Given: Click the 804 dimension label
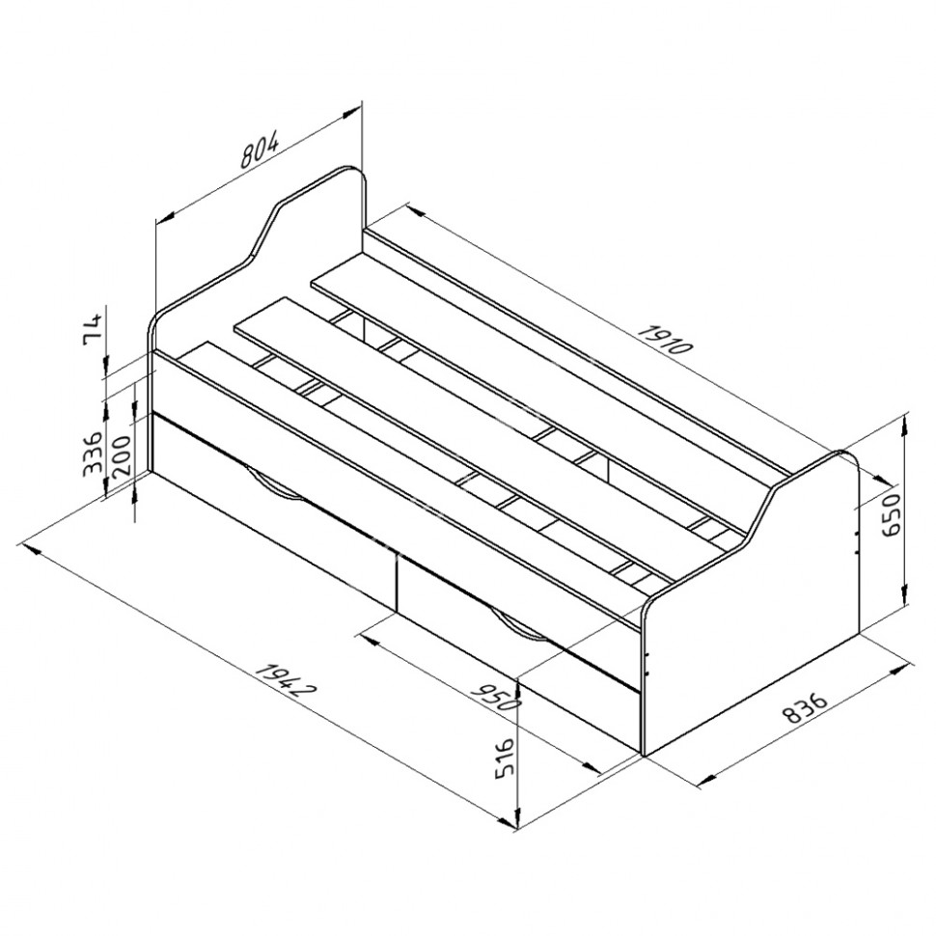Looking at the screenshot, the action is pyautogui.click(x=259, y=151).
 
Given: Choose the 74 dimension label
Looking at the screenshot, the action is pyautogui.click(x=94, y=328).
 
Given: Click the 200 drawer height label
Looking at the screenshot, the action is pyautogui.click(x=121, y=454).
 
